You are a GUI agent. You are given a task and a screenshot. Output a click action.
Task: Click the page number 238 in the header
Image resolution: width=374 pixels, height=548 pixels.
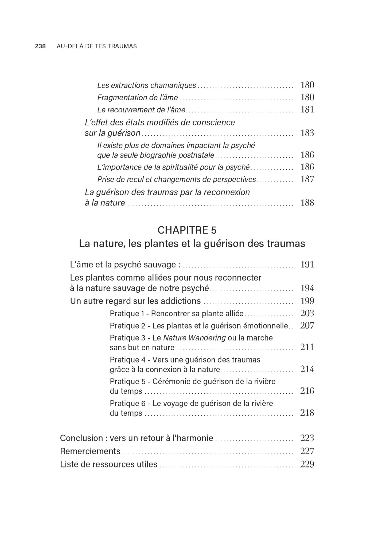(40, 46)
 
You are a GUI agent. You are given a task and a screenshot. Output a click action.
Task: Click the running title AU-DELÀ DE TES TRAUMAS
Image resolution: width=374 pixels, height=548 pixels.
(97, 46)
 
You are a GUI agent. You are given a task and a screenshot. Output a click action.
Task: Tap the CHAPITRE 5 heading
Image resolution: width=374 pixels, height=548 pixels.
(187, 230)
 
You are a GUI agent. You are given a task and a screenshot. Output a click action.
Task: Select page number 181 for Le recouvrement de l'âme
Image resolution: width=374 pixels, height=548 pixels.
(307, 110)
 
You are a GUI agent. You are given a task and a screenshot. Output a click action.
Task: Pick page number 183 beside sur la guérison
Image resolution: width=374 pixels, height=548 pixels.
(307, 133)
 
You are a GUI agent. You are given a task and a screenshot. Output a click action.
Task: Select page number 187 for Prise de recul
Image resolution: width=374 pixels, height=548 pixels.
(307, 179)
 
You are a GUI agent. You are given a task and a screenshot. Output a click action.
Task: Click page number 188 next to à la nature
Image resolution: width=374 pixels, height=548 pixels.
(307, 203)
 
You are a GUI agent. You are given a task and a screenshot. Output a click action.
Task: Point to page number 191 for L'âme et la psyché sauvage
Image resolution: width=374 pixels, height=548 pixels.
(307, 265)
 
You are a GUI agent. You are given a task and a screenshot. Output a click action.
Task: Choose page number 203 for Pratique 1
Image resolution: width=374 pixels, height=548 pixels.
(307, 313)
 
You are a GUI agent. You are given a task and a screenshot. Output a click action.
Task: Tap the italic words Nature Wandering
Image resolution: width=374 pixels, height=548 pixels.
(194, 338)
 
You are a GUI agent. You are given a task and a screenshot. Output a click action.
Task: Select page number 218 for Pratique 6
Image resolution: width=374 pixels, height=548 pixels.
(307, 413)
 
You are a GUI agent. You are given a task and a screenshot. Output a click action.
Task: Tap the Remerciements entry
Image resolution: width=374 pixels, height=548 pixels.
(90, 451)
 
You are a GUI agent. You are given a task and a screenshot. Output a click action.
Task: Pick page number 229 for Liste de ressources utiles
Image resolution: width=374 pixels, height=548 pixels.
(307, 464)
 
